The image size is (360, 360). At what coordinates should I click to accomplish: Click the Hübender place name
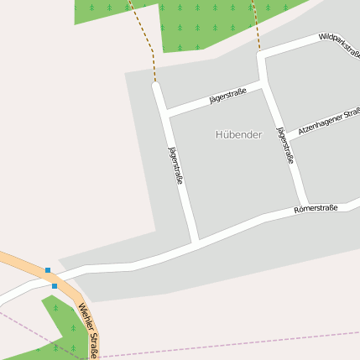coord(239,134)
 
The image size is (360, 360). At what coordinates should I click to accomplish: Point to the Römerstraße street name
coord(316,209)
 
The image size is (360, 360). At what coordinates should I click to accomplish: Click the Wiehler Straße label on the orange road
coord(89,328)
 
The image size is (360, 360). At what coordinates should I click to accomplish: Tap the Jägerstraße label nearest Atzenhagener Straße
coord(284,144)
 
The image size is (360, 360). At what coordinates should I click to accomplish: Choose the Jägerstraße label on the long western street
coord(176,165)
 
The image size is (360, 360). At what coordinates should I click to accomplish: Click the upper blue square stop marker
coord(48,270)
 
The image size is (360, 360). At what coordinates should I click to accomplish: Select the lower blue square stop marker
coord(55,286)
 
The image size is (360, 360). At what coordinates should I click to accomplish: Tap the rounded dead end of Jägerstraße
coord(156,86)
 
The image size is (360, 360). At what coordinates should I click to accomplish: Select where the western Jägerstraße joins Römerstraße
coord(195,243)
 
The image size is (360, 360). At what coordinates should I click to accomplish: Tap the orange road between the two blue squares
coord(51,279)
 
